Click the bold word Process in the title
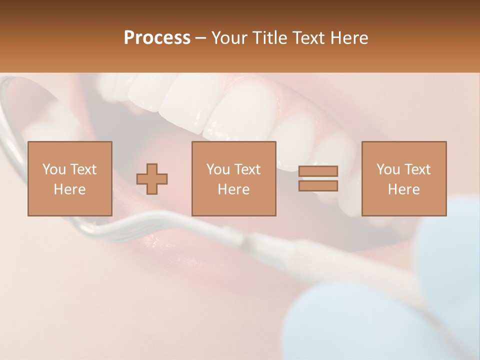157,38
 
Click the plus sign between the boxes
152,179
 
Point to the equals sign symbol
318,178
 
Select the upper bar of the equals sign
318,171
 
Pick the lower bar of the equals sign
318,185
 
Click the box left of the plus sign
69,178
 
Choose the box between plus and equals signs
233,178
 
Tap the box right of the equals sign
403,178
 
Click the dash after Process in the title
200,38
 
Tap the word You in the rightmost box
388,169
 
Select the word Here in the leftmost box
69,189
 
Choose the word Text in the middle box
248,169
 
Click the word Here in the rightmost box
403,189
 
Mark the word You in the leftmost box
54,169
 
